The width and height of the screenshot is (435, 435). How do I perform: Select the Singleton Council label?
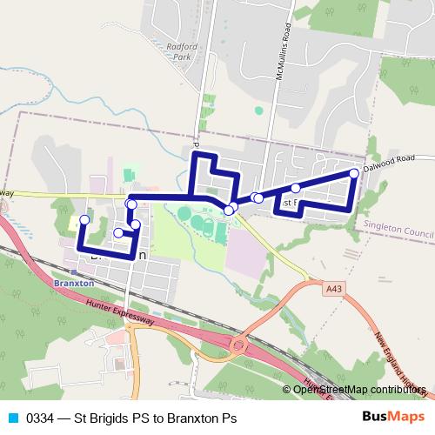tap(396, 234)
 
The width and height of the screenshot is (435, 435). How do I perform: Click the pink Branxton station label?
tap(72, 283)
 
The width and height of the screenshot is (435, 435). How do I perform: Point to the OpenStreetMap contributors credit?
tap(358, 389)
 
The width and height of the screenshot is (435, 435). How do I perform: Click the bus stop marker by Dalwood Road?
tap(354, 173)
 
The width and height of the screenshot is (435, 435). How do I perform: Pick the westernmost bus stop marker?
tap(84, 219)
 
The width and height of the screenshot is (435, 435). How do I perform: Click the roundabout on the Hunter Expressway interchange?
tap(238, 345)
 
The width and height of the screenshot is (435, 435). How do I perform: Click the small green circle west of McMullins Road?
tap(258, 110)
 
